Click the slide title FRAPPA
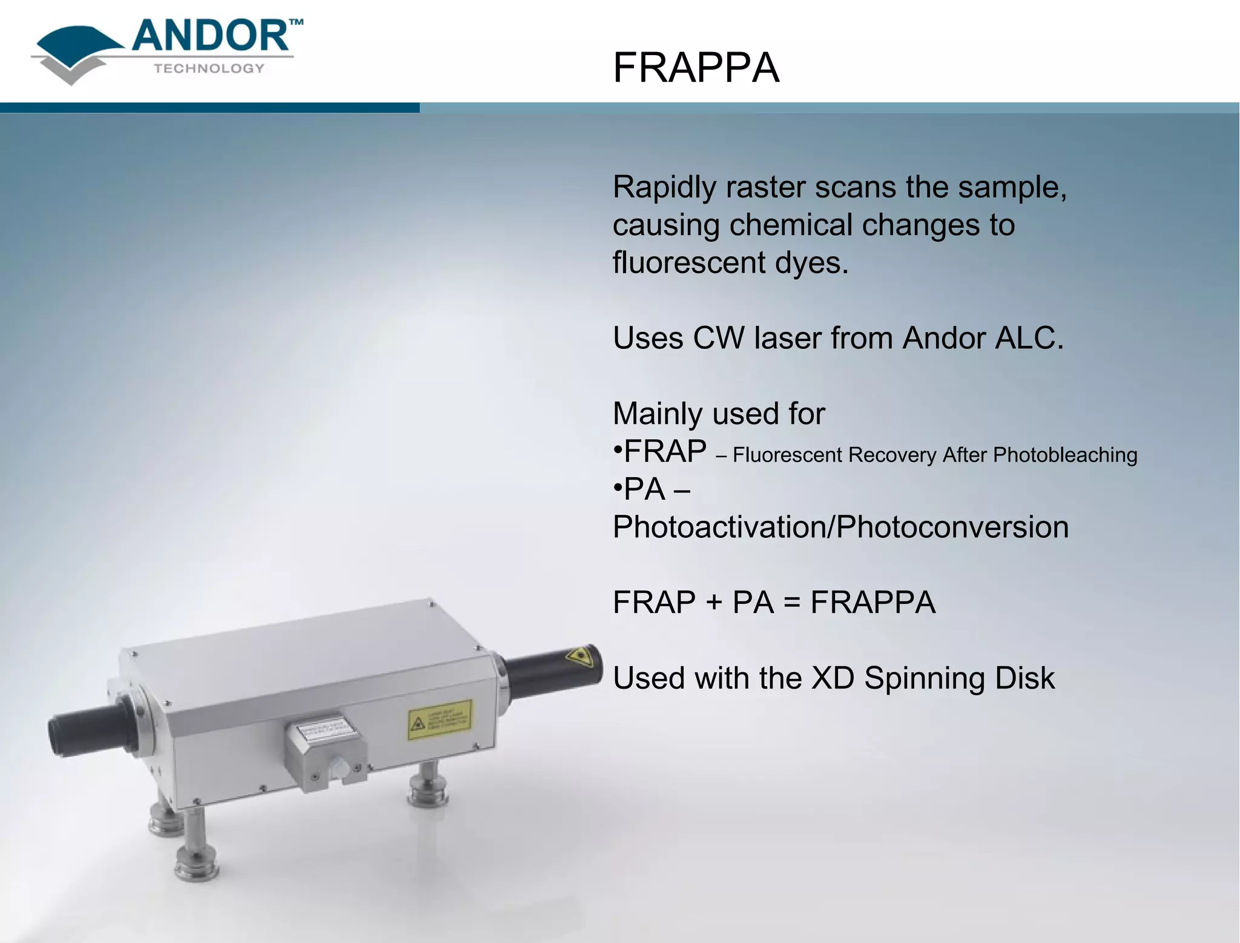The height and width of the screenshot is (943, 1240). [x=696, y=67]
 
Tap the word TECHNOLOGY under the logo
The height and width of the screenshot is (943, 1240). [x=209, y=68]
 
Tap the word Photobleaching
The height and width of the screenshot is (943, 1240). [x=1065, y=455]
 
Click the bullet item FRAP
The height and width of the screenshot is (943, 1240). [x=665, y=451]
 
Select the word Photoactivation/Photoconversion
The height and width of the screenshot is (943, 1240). [x=840, y=527]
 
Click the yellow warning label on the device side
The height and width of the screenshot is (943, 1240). [x=440, y=720]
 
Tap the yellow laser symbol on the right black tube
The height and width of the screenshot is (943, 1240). [x=579, y=657]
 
